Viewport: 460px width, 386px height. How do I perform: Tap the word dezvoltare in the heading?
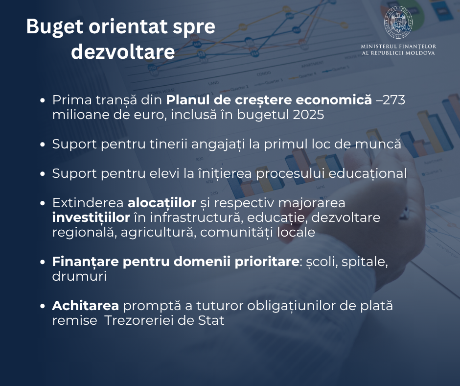[x=123, y=52]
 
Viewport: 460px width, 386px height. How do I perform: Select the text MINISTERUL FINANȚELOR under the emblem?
[x=398, y=47]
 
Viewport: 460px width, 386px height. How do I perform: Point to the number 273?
[x=394, y=100]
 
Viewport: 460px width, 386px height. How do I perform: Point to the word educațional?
[x=368, y=173]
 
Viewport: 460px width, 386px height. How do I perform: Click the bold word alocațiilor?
[x=162, y=203]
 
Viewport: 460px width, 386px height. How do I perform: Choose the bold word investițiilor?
[x=91, y=217]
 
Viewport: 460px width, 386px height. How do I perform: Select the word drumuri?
[x=79, y=276]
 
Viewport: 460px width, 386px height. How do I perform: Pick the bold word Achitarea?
[x=85, y=306]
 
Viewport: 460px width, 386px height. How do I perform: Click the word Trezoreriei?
[x=139, y=320]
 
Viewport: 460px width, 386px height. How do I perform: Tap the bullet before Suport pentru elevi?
[x=43, y=173]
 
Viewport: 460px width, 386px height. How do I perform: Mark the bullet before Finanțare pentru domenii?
[x=43, y=262]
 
